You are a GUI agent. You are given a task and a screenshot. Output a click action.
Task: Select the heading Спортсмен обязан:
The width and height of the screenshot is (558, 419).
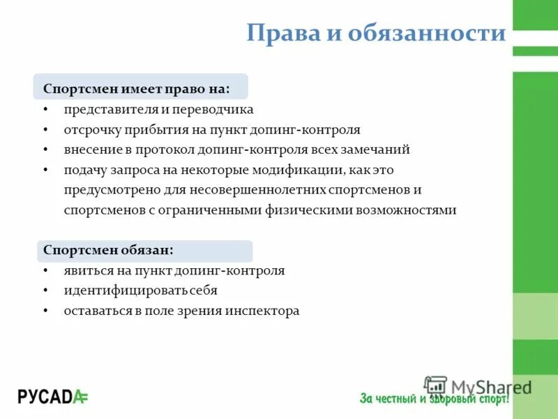[108, 250]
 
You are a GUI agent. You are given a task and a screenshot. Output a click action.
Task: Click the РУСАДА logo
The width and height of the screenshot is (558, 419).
[53, 397]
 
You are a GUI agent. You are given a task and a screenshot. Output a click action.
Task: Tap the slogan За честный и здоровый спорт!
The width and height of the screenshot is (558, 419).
[434, 399]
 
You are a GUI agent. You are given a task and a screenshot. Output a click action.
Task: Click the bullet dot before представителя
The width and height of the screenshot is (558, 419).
[45, 110]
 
